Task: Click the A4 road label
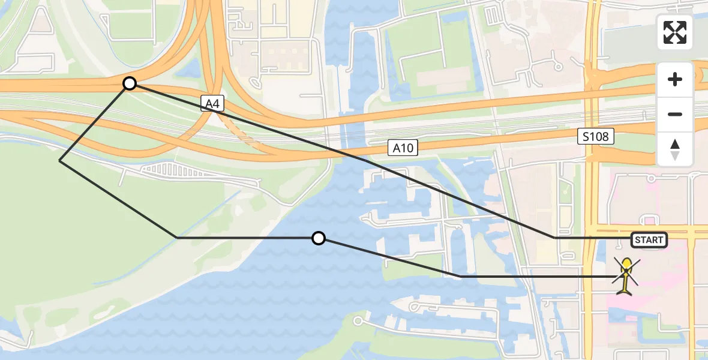tap(211, 104)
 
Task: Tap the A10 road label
tap(403, 148)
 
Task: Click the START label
tap(649, 240)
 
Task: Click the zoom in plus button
tap(675, 79)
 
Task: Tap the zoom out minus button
tap(675, 114)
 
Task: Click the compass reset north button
tap(675, 149)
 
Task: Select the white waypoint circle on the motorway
tap(130, 83)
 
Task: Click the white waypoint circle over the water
tap(319, 238)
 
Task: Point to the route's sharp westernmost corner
tap(60, 160)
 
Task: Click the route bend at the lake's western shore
tap(177, 238)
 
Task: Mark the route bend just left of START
tap(554, 238)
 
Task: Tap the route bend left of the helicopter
tap(460, 277)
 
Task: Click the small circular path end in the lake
tap(358, 321)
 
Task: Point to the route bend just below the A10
tap(365, 161)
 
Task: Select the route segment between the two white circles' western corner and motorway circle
tap(95, 122)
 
